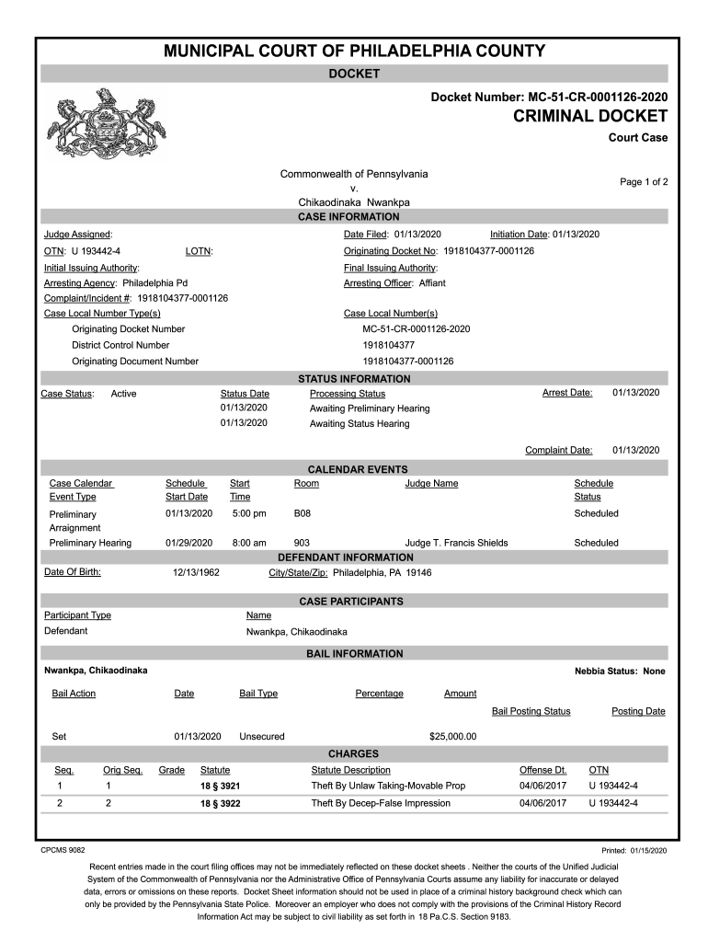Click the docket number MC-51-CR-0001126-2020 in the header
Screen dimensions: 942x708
(x=550, y=97)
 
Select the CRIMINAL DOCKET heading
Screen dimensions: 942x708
(x=590, y=116)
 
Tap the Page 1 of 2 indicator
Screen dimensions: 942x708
(x=644, y=182)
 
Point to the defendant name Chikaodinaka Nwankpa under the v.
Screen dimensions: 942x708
(x=354, y=202)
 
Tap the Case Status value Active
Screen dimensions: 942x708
(x=123, y=394)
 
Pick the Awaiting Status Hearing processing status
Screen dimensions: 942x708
(x=360, y=424)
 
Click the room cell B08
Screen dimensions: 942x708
(x=302, y=513)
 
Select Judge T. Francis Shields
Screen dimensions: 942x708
(x=456, y=543)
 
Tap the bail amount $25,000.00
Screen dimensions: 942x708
(x=452, y=737)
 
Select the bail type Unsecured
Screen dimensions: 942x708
(x=262, y=737)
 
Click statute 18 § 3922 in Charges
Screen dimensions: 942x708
(x=221, y=804)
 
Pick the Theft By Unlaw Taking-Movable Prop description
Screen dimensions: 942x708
(x=388, y=786)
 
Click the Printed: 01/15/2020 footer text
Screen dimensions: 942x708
(x=634, y=851)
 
